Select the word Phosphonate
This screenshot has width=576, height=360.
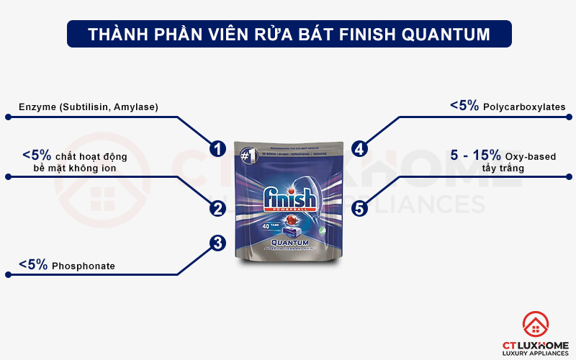pos(84,266)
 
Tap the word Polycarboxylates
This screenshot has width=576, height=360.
pos(525,107)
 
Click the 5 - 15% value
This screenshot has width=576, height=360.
pos(474,156)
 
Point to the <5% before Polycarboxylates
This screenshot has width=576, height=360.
pos(464,106)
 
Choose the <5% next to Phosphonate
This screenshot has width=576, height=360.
pos(33,265)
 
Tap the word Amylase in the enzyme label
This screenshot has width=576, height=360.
pos(137,107)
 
